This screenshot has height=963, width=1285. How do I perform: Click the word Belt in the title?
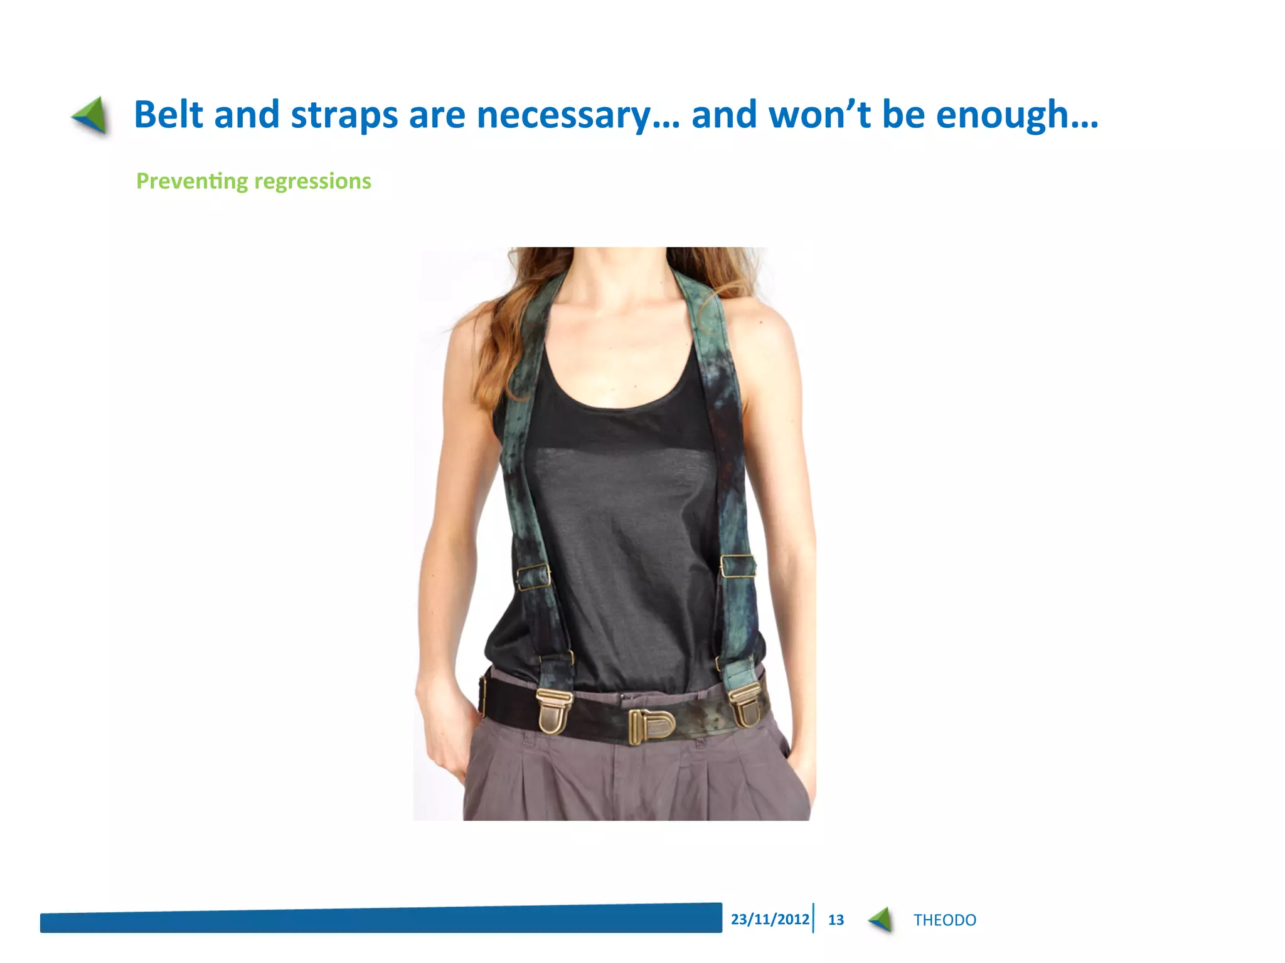click(168, 115)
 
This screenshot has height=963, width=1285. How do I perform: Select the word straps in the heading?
click(344, 116)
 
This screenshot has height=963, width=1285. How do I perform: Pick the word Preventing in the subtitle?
click(192, 181)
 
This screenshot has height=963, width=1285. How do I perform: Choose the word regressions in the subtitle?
click(312, 182)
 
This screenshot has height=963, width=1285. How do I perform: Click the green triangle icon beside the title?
click(90, 115)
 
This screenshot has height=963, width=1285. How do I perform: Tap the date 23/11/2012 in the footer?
click(770, 919)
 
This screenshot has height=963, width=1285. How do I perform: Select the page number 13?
click(836, 920)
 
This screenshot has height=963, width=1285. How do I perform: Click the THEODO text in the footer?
click(944, 920)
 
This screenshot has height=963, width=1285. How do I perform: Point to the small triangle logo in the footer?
click(880, 919)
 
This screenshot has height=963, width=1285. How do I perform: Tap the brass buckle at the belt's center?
click(651, 726)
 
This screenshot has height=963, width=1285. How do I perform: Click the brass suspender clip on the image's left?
click(555, 710)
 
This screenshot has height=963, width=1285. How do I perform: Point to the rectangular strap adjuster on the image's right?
click(738, 566)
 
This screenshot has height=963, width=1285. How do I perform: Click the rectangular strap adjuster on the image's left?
click(533, 577)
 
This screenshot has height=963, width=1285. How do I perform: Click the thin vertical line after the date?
click(813, 918)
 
